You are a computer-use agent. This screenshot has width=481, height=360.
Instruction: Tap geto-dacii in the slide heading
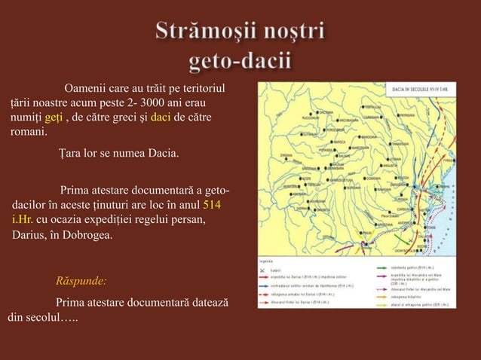[x=240, y=61]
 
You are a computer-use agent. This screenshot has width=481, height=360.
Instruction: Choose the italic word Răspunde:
[x=81, y=282]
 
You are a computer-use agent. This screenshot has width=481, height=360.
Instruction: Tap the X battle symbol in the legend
[x=263, y=269]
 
